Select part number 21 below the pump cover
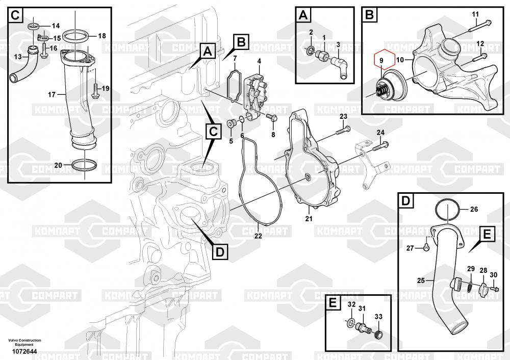(x=308, y=219)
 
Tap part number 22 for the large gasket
(x=258, y=236)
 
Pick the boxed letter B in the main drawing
(x=241, y=42)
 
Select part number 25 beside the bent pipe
(x=421, y=280)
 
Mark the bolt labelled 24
(x=380, y=147)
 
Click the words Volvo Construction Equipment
(x=24, y=342)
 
